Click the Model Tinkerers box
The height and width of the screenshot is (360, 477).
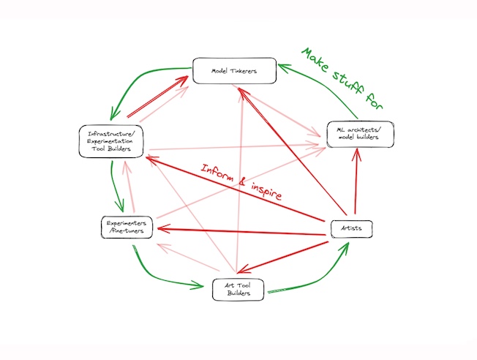(x=235, y=71)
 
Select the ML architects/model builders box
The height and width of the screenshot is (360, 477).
(x=361, y=134)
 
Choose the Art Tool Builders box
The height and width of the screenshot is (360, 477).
(x=236, y=288)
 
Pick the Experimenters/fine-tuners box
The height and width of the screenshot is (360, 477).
(x=127, y=227)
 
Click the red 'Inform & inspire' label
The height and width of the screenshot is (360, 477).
(x=241, y=182)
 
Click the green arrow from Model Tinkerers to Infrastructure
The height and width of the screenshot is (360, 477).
(x=139, y=84)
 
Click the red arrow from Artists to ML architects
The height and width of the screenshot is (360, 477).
(x=357, y=183)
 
